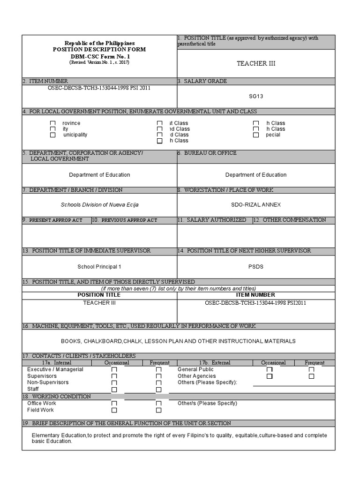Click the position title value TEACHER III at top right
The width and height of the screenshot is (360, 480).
(256, 63)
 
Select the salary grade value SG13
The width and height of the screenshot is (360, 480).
(256, 96)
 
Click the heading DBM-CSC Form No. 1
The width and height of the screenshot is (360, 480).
(99, 56)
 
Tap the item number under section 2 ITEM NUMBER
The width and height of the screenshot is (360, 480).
(99, 88)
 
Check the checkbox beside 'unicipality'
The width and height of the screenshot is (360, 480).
(53, 135)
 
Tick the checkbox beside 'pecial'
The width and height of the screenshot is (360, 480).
(256, 135)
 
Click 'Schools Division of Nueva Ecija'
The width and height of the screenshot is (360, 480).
(99, 205)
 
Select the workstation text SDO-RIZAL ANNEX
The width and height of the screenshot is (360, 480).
(256, 205)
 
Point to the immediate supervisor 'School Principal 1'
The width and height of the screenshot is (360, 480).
(99, 267)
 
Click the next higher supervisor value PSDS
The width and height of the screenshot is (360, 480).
(256, 267)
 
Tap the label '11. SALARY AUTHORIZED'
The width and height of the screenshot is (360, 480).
(214, 220)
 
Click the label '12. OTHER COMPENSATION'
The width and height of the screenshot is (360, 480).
(293, 220)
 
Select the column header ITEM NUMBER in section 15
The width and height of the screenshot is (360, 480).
(256, 295)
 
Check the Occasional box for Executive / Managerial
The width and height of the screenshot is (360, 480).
(114, 370)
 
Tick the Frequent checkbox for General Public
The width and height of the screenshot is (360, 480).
(312, 370)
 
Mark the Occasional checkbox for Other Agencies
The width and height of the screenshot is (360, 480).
(270, 376)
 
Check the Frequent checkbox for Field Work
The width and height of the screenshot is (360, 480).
(158, 410)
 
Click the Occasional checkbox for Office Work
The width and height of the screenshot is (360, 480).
(114, 404)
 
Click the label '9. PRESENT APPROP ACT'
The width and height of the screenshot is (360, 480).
(56, 220)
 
